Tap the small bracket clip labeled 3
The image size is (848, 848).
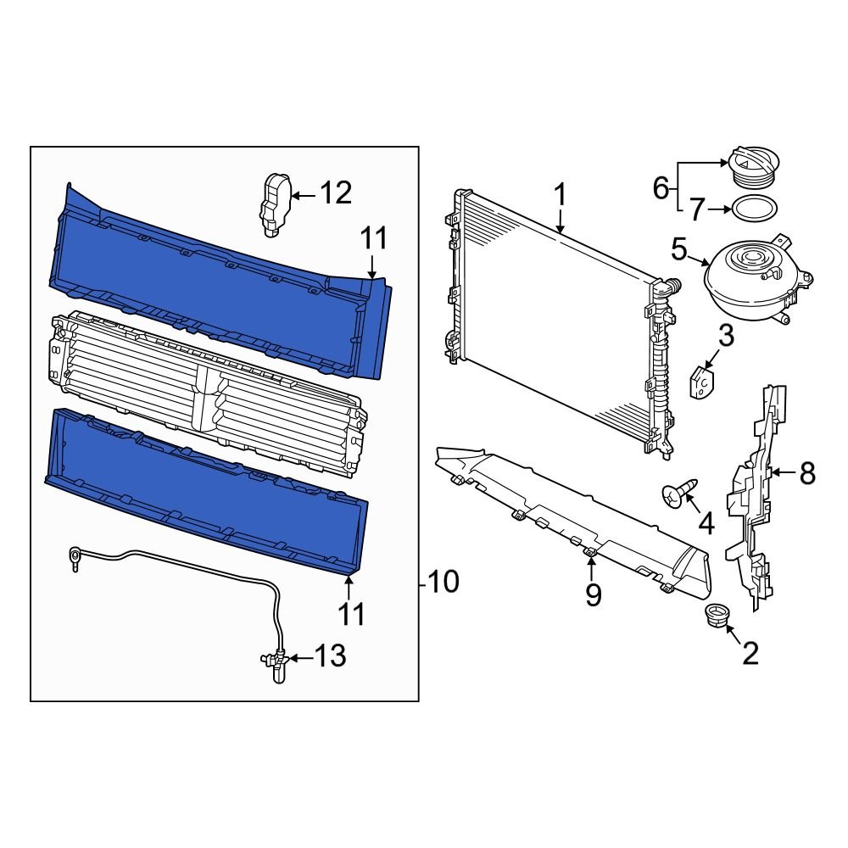pyautogui.click(x=701, y=383)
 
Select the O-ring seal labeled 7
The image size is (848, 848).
pyautogui.click(x=753, y=208)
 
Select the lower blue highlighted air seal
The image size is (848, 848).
pyautogui.click(x=204, y=492)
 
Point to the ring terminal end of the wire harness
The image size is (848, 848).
pyautogui.click(x=75, y=557)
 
